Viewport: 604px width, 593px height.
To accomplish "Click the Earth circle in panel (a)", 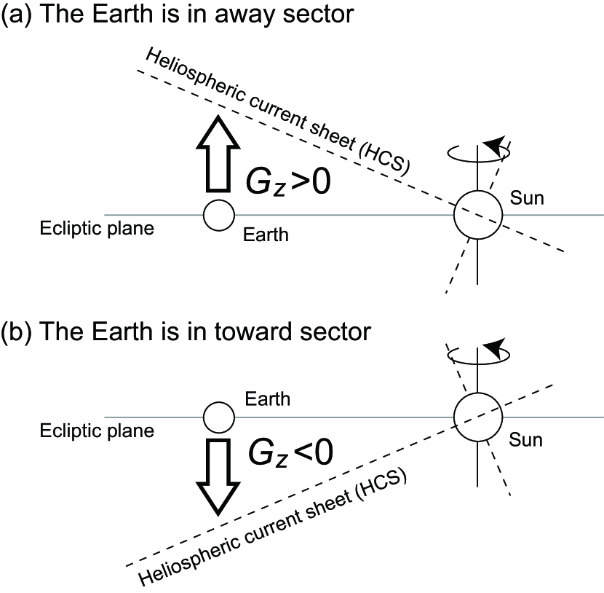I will pyautogui.click(x=218, y=215).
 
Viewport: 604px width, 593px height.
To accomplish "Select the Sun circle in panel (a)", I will pyautogui.click(x=477, y=215).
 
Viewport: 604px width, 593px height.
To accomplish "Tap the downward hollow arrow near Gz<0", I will pyautogui.click(x=219, y=476).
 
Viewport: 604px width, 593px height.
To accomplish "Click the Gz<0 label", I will pyautogui.click(x=288, y=452).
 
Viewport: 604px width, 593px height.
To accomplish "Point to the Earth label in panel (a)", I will pyautogui.click(x=266, y=235).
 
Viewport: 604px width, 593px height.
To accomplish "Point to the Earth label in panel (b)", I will pyautogui.click(x=268, y=398).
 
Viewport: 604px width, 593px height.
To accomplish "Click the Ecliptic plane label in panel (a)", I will pyautogui.click(x=97, y=228).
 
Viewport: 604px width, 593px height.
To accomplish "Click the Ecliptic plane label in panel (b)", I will pyautogui.click(x=97, y=431).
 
